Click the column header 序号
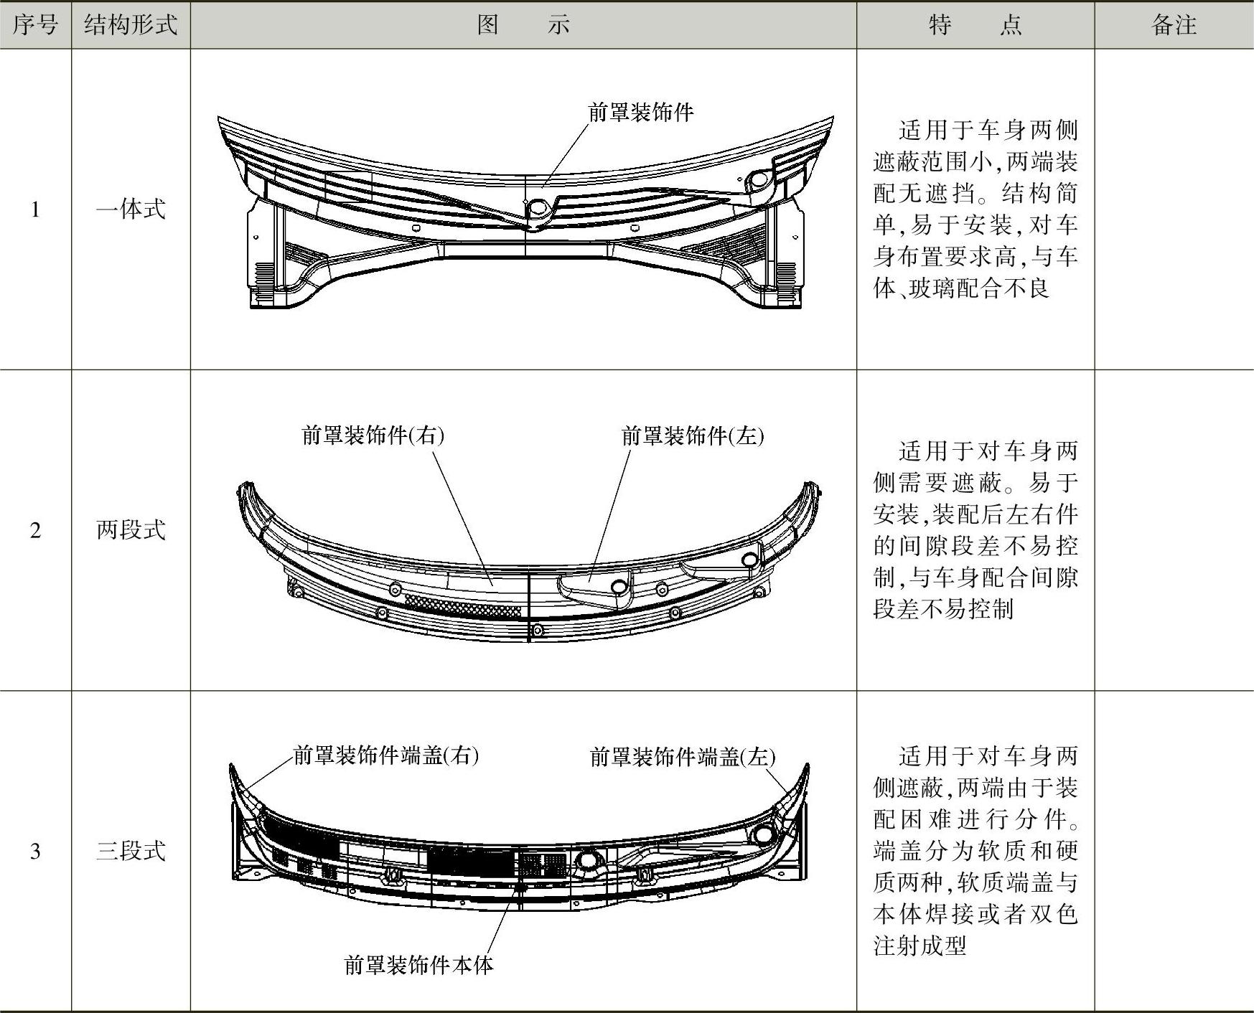pyautogui.click(x=35, y=25)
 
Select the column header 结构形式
pyautogui.click(x=131, y=25)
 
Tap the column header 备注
pyautogui.click(x=1174, y=25)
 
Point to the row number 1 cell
pyautogui.click(x=35, y=209)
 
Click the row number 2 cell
pyautogui.click(x=35, y=530)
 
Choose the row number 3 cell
pyautogui.click(x=35, y=851)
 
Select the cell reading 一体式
pyautogui.click(x=131, y=209)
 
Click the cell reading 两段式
pyautogui.click(x=131, y=530)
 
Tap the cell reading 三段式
pyautogui.click(x=131, y=851)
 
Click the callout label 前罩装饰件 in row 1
pyautogui.click(x=640, y=113)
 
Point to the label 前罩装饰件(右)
pyautogui.click(x=373, y=435)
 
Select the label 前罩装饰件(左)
pyautogui.click(x=693, y=435)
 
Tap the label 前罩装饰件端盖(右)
pyautogui.click(x=386, y=755)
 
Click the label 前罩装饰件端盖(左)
pyautogui.click(x=683, y=757)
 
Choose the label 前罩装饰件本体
pyautogui.click(x=419, y=965)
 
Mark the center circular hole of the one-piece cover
pyautogui.click(x=536, y=208)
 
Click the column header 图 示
pyautogui.click(x=523, y=25)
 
